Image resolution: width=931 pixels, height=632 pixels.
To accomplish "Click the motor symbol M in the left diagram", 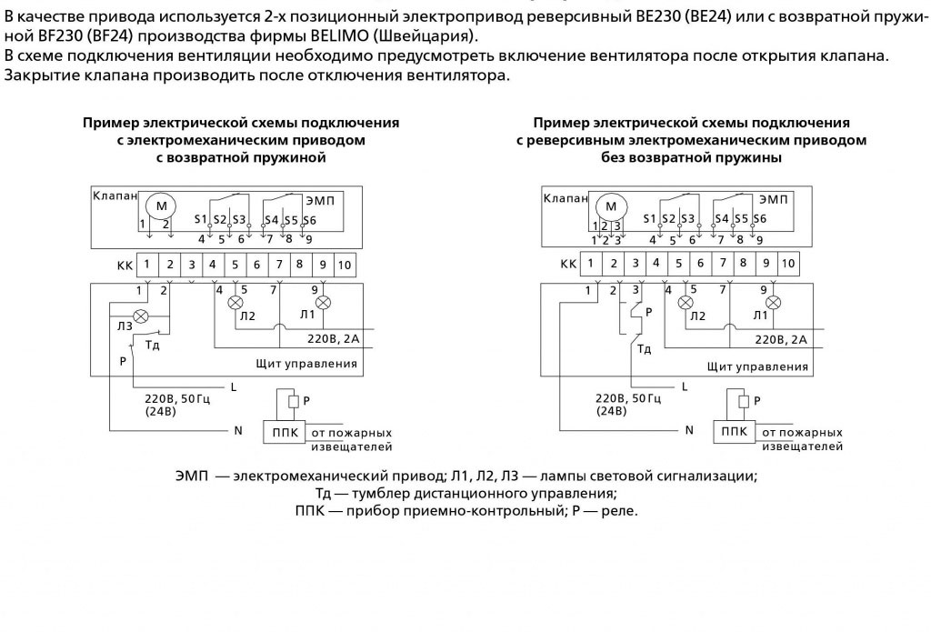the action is coord(162,206).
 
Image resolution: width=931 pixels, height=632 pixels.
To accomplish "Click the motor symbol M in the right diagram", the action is coord(611,206).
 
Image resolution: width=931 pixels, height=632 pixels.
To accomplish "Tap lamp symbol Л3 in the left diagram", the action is coord(141,316).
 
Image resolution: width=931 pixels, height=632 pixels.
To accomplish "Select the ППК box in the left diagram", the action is coord(285,433).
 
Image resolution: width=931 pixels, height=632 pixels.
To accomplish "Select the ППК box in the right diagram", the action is coord(735,432).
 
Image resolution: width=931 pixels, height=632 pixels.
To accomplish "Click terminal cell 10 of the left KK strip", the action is coord(345,265).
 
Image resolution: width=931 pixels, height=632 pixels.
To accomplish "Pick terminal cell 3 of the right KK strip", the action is coord(636,264).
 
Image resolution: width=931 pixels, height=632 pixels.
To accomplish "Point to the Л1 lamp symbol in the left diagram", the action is coord(323,303).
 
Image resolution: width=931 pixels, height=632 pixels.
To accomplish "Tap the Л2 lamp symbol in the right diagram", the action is coord(686,303).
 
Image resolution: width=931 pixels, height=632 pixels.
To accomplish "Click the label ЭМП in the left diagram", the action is coord(320,201).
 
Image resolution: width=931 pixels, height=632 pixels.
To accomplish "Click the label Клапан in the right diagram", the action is coord(566,198).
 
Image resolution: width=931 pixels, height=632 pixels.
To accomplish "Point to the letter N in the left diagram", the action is coord(238,431).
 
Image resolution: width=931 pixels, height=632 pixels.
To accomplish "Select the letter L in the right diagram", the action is coord(685,386).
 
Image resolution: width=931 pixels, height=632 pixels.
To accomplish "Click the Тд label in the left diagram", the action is coord(153,346).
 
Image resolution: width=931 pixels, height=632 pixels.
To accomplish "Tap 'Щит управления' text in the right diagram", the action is coord(757,366).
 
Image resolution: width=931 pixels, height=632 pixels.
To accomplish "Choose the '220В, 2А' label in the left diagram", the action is coord(334,338).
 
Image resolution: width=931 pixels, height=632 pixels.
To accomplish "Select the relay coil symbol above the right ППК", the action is coord(744,402).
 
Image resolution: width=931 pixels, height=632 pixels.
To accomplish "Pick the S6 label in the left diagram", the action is coord(309,220).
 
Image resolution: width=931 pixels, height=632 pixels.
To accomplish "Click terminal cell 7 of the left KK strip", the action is coord(278,265).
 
